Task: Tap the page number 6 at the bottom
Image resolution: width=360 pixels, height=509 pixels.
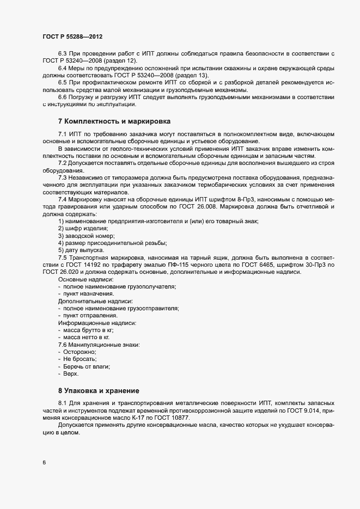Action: (43, 463)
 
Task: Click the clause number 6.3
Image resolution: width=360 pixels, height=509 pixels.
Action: (63, 52)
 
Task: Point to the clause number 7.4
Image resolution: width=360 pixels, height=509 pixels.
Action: (63, 200)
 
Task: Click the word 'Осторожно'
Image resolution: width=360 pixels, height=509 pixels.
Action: (80, 352)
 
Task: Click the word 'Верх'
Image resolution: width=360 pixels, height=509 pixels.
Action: (71, 373)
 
